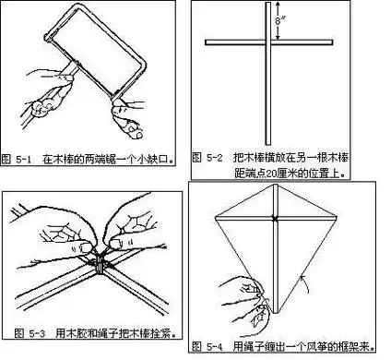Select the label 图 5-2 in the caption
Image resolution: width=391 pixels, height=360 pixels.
tap(209, 158)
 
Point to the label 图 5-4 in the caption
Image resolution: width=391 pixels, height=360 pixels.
tap(208, 346)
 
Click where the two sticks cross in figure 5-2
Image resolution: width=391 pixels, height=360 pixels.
tap(267, 42)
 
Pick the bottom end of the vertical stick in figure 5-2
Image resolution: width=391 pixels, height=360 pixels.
tap(267, 140)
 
